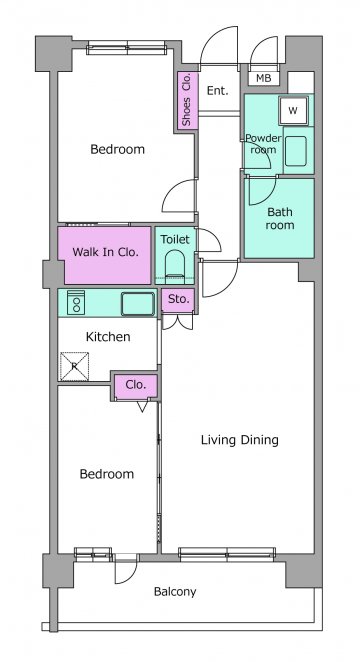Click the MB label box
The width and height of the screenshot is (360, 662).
[x=264, y=78]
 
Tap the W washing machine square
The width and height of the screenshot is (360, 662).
[x=293, y=111]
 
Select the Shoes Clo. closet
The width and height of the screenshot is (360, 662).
[x=186, y=100]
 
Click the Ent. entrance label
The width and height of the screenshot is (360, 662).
[x=218, y=90]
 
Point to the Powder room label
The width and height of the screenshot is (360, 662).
[x=263, y=144]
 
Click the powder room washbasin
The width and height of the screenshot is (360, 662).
[x=295, y=151]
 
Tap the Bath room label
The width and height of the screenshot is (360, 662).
[x=279, y=218]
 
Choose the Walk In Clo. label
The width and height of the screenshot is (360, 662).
[x=106, y=252]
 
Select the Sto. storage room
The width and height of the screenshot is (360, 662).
[x=179, y=300]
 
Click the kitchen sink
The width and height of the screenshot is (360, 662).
[x=138, y=304]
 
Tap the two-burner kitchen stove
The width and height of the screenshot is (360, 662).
[x=76, y=302]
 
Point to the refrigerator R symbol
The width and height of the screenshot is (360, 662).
[x=74, y=366]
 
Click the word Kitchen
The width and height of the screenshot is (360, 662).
[x=108, y=337]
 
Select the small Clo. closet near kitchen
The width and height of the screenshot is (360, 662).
[x=136, y=385]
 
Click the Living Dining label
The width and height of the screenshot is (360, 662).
[x=240, y=440]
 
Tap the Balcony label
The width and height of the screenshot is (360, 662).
[x=175, y=591]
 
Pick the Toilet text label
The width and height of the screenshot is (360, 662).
[x=175, y=239]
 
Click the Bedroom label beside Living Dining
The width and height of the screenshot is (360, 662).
[x=107, y=474]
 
